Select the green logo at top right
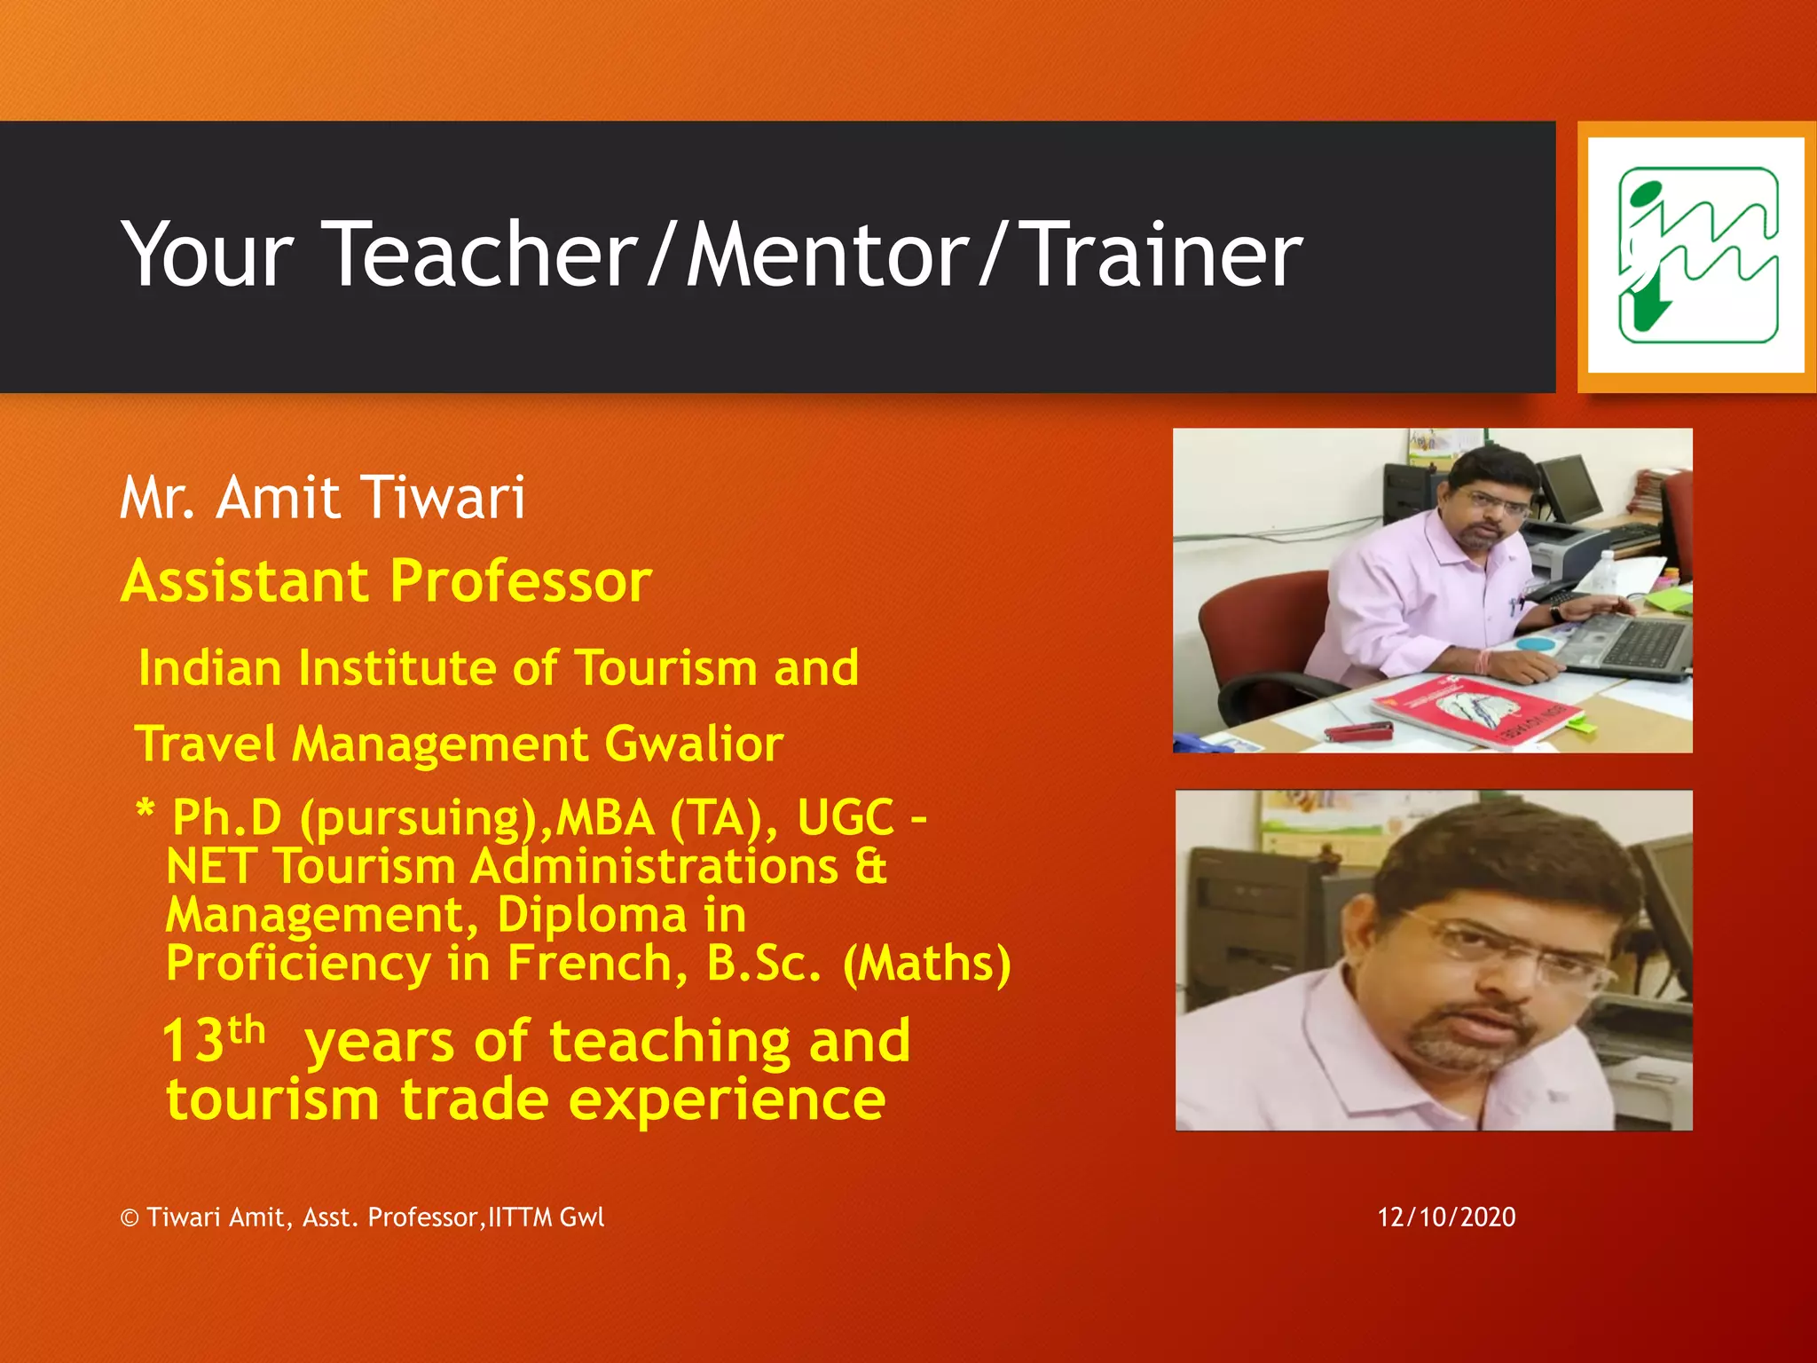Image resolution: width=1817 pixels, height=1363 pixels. coord(1697,256)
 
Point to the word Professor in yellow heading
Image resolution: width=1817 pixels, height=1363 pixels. coord(521,582)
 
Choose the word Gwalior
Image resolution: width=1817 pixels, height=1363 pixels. coord(693,744)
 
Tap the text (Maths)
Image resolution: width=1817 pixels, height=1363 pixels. coord(926,964)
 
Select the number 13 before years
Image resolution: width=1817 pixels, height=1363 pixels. coord(193,1041)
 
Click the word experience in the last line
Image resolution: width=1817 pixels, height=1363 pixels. coord(727,1100)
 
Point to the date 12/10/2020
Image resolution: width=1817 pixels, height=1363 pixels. coord(1446,1217)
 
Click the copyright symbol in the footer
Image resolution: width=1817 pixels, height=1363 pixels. coord(130,1218)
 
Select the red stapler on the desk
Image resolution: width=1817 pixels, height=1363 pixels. coord(1358,730)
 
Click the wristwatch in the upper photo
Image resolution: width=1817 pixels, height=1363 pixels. coord(1557,611)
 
